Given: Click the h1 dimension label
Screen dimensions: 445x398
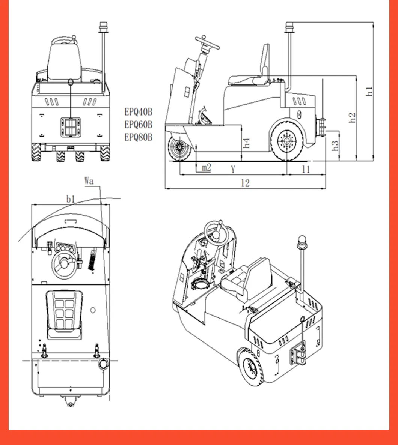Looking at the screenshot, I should [x=370, y=91].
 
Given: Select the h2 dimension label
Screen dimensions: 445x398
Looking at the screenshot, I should [x=352, y=117].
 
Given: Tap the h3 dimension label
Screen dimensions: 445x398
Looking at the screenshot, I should [x=336, y=145].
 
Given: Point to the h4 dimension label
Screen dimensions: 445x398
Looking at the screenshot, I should [x=246, y=143].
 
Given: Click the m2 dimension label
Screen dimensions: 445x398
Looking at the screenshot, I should [x=207, y=168].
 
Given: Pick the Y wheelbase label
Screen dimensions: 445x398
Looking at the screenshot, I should [x=233, y=170].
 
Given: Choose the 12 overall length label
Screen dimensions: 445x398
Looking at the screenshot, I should [x=245, y=183].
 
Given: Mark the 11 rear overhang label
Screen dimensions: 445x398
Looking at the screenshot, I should [x=306, y=170].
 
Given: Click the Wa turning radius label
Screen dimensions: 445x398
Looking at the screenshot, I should [x=89, y=181].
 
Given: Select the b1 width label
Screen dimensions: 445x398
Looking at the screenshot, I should [x=71, y=199].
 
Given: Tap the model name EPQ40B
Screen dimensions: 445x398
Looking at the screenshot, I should [x=139, y=112].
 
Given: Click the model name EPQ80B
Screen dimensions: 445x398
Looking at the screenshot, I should [x=139, y=137].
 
